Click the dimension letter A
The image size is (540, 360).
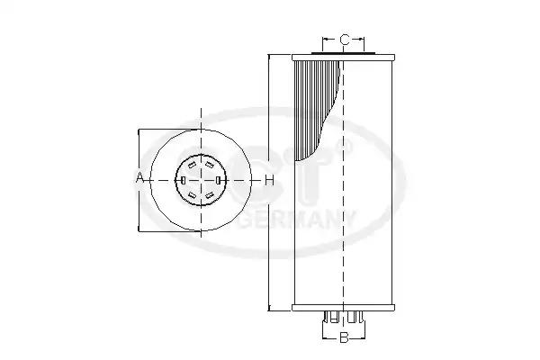[139, 179]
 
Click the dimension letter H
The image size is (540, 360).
[268, 180]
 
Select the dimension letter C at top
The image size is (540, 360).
[344, 40]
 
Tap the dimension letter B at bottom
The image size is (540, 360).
[343, 338]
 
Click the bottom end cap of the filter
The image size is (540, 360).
[343, 309]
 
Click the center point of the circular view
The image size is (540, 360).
[201, 180]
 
